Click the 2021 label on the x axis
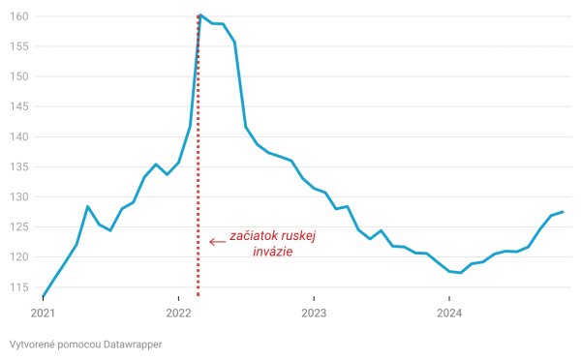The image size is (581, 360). (x=44, y=313)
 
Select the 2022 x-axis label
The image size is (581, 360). (x=179, y=313)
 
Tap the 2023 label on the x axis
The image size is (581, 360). (x=315, y=313)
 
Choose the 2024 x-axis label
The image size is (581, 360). (x=449, y=313)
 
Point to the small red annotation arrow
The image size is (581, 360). (x=217, y=241)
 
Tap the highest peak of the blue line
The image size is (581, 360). (x=199, y=15)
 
